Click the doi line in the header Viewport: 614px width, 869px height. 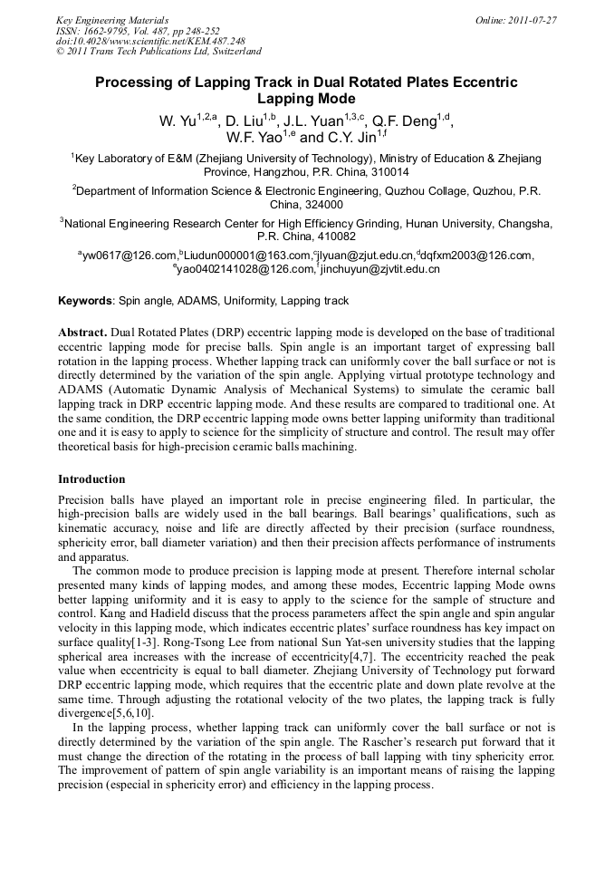pyautogui.click(x=150, y=42)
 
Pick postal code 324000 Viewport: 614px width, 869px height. pyautogui.click(x=307, y=205)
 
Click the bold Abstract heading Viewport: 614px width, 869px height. pyautogui.click(x=83, y=333)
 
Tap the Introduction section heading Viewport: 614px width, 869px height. pyautogui.click(x=91, y=479)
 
